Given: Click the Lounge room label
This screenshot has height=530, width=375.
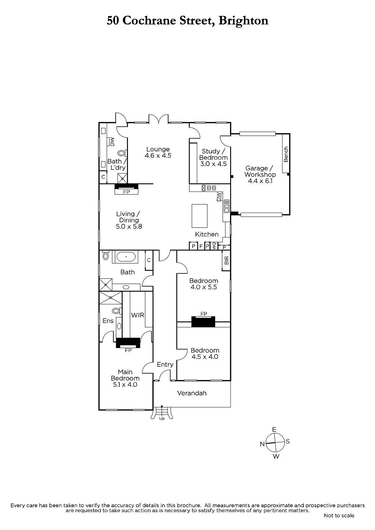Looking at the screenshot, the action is (158, 152).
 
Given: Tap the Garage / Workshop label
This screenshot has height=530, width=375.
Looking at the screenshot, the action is (260, 175).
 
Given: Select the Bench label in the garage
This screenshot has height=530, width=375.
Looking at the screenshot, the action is (286, 154).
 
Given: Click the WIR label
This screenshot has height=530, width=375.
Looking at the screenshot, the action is (138, 315).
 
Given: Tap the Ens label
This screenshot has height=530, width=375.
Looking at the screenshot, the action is (108, 321).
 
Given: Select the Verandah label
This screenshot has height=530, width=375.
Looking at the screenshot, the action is (192, 393).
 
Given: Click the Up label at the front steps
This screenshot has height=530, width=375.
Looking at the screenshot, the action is (162, 419).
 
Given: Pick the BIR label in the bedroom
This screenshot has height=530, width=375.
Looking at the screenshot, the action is (226, 260).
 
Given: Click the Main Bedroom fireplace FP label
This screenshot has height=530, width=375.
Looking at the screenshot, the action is (128, 350).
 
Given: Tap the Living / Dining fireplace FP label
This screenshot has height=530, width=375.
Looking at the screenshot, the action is (127, 192).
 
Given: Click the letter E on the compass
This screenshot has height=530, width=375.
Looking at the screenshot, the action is (274, 429).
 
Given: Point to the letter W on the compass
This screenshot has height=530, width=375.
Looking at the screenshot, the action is (276, 456).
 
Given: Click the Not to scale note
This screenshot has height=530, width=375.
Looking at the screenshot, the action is (339, 515).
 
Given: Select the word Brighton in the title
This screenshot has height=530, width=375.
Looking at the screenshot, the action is (243, 21).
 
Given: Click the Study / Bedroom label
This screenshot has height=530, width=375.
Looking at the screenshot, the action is (214, 158).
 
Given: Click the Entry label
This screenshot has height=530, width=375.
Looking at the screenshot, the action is (165, 365).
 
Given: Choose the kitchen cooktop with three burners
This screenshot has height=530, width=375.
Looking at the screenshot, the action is (209, 188).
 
